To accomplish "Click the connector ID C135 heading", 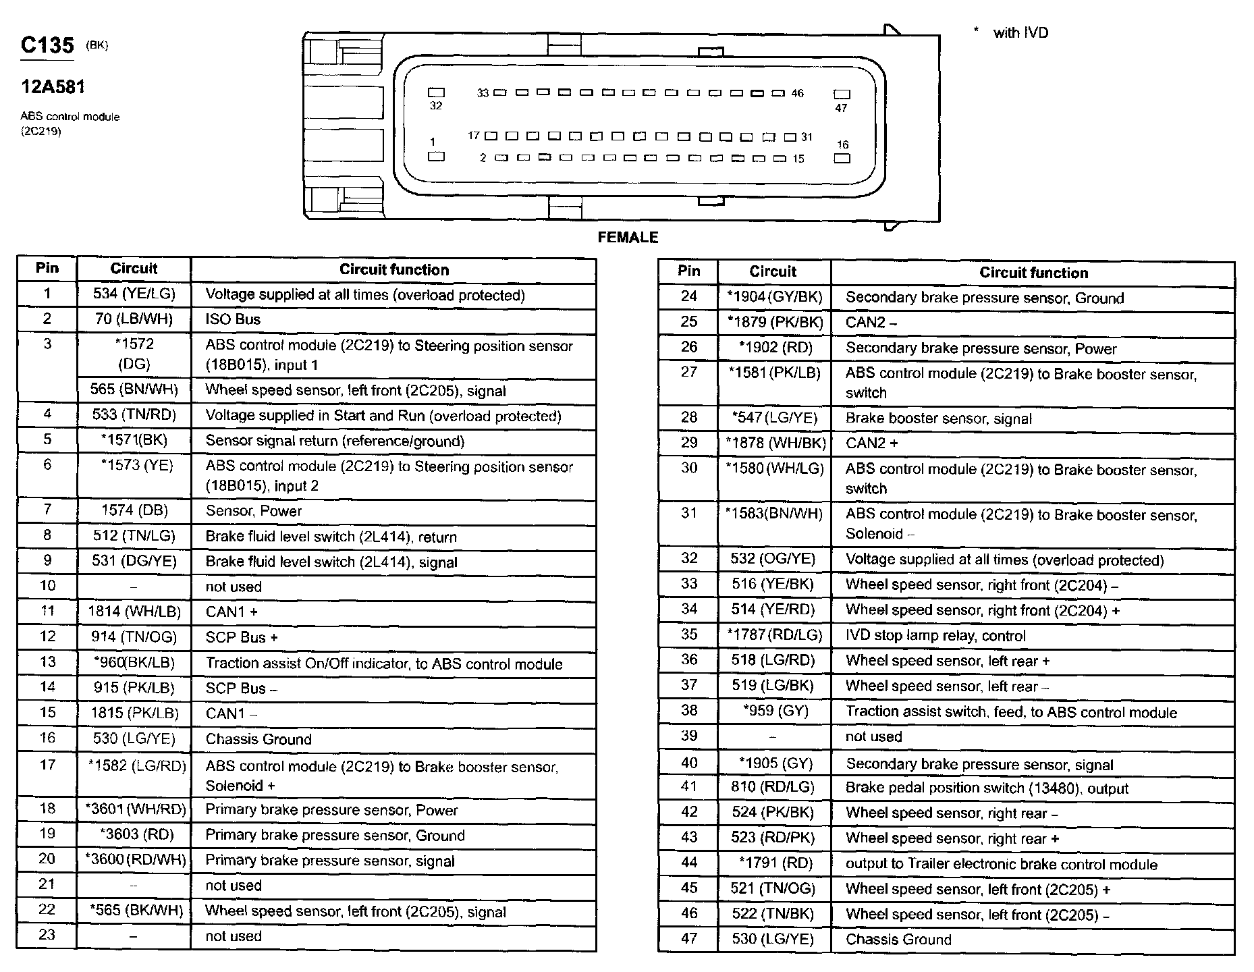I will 47,45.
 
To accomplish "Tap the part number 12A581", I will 53,86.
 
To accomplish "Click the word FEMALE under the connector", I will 628,237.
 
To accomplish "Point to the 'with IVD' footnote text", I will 1020,32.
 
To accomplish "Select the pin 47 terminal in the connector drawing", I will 842,94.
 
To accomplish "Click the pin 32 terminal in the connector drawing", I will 437,92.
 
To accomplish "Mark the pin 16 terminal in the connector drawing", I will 842,159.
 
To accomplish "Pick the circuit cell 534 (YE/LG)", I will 134,294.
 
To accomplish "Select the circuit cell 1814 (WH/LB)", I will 134,612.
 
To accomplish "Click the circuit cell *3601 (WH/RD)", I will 135,809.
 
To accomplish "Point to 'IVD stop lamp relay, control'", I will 935,636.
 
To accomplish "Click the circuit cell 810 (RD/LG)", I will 773,787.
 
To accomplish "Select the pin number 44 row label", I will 688,863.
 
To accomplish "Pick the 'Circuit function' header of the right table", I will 1033,273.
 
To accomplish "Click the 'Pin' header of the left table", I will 47,268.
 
